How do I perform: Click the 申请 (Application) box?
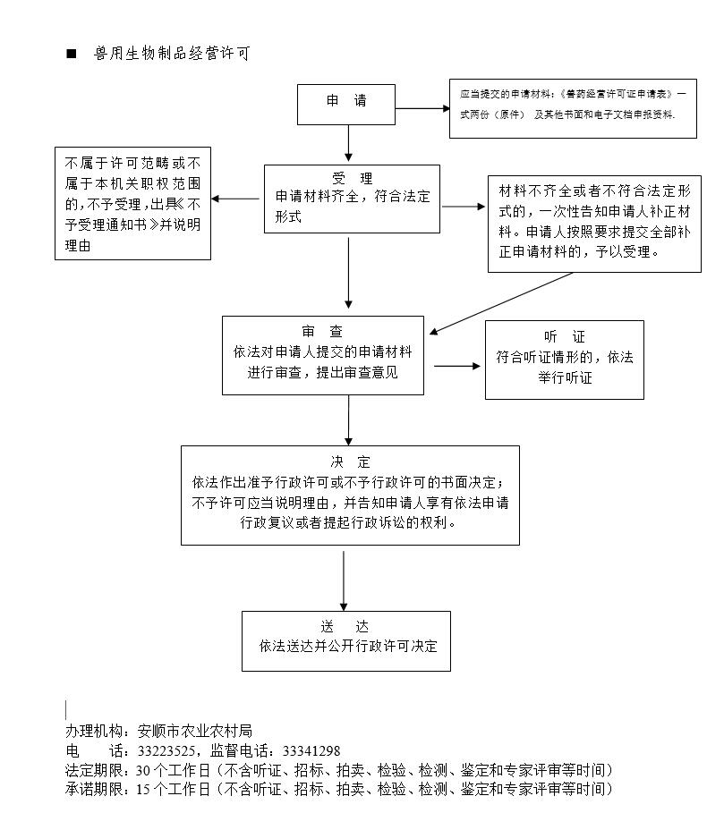click(346, 105)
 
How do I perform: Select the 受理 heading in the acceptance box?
click(352, 178)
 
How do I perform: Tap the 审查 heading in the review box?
click(322, 331)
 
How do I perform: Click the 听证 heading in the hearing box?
click(565, 336)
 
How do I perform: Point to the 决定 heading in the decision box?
click(350, 462)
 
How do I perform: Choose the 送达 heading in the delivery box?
click(345, 626)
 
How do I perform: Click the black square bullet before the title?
click(71, 54)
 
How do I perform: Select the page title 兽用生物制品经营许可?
click(172, 53)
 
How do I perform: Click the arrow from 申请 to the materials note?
click(422, 108)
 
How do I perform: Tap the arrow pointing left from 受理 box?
click(235, 199)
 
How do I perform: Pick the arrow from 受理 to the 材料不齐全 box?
click(464, 207)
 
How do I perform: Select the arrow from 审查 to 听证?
click(457, 366)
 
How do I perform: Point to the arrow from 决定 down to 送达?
click(344, 580)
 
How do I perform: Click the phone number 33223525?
click(166, 750)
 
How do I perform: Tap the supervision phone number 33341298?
click(311, 750)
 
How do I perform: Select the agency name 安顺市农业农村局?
click(195, 731)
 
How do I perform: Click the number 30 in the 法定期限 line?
click(142, 770)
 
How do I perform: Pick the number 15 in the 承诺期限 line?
click(142, 789)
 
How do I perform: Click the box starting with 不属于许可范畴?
click(132, 203)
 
